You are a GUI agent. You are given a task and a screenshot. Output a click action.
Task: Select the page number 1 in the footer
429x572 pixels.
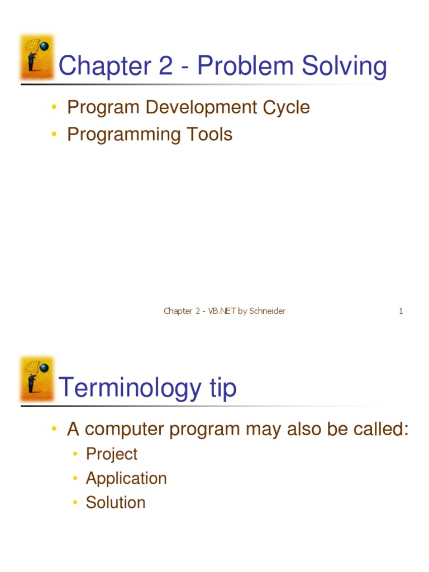click(401, 311)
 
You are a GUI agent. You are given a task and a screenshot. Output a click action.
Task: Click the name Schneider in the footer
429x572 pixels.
click(267, 311)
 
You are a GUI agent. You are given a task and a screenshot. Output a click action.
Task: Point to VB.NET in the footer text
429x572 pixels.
click(222, 311)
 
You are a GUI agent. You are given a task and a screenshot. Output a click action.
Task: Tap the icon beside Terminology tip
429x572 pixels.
click(37, 378)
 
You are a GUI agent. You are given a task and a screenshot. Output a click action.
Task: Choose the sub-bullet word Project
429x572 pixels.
click(111, 454)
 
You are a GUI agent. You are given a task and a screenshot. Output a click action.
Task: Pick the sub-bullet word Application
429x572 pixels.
click(126, 478)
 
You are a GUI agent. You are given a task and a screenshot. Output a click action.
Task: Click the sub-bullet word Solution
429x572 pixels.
click(116, 502)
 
